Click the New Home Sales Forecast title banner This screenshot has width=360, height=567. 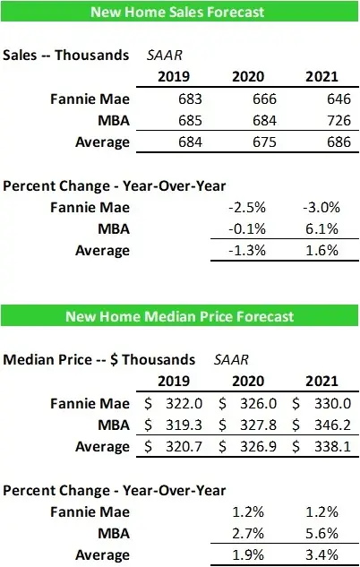[179, 13]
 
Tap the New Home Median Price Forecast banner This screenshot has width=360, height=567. [179, 317]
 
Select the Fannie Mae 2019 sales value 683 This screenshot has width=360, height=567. [169, 98]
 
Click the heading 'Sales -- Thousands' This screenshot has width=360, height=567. [66, 55]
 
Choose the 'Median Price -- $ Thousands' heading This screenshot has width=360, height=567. [99, 359]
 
